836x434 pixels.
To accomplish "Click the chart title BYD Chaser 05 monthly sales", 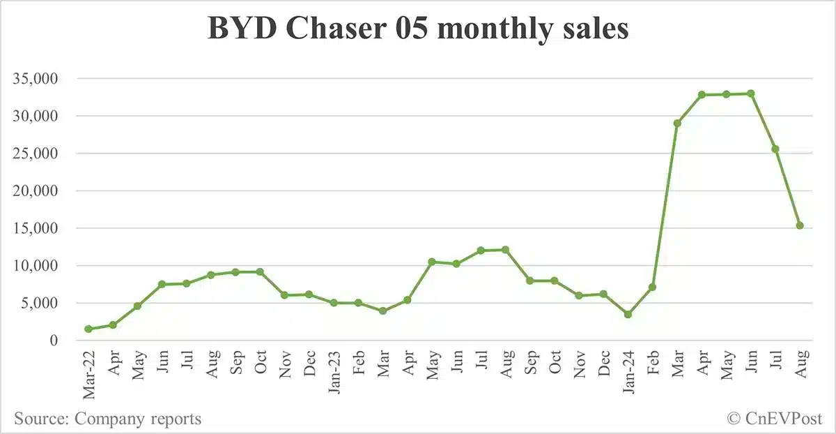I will click(x=418, y=29).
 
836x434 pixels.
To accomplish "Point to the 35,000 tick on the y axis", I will click(x=37, y=78).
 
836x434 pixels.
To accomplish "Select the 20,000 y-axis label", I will click(x=37, y=190).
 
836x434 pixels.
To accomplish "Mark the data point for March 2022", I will click(x=88, y=329).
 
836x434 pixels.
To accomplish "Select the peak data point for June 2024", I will click(x=751, y=93).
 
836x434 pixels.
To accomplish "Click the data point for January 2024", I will click(x=628, y=314).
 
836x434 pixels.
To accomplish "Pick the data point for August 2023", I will click(x=506, y=250).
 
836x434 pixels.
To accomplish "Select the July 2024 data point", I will click(x=775, y=149).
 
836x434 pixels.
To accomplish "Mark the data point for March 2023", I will click(x=382, y=310).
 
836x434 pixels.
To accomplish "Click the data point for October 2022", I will click(x=260, y=271).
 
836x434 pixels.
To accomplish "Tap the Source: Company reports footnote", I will click(x=107, y=419).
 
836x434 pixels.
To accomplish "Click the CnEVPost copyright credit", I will click(x=775, y=419).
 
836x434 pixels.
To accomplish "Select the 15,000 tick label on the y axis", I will click(x=37, y=228).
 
